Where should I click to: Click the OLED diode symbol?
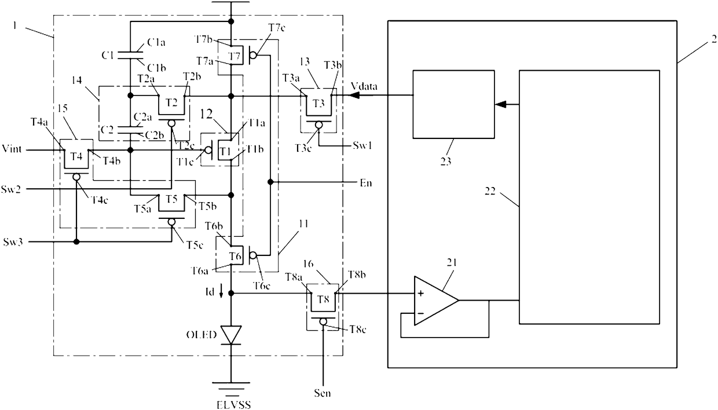(x=231, y=335)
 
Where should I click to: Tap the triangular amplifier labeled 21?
(x=436, y=301)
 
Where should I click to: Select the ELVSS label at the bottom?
(x=233, y=405)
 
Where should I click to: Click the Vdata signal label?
(x=364, y=86)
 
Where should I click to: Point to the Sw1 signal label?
(x=362, y=145)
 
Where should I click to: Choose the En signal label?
(x=366, y=183)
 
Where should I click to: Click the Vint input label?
(x=12, y=149)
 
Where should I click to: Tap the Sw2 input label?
(x=11, y=189)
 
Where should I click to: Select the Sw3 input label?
(x=13, y=241)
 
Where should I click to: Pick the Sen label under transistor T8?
(x=322, y=393)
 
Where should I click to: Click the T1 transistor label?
(x=225, y=151)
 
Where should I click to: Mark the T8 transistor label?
(x=323, y=299)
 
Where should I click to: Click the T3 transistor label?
(x=318, y=103)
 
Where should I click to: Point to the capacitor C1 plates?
(x=130, y=55)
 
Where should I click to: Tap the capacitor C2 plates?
(x=130, y=130)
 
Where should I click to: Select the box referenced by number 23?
(x=453, y=104)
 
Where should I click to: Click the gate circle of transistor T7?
(x=253, y=56)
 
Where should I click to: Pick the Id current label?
(x=209, y=292)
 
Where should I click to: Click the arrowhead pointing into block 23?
(x=501, y=104)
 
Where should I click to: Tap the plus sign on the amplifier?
(x=421, y=294)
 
